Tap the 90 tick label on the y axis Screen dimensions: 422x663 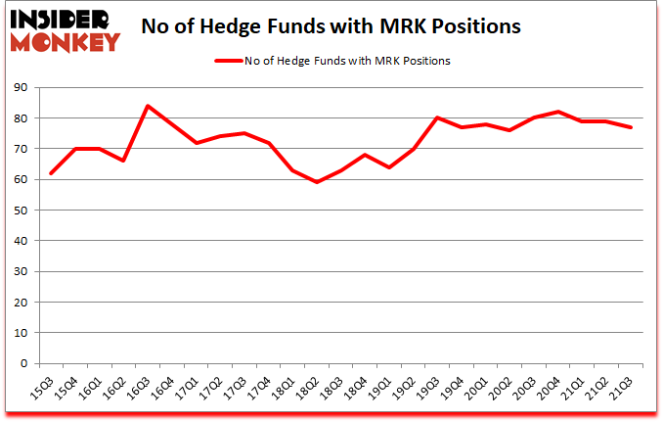coord(22,88)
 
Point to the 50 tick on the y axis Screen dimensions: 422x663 coord(22,211)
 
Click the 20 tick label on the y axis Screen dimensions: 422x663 coord(22,303)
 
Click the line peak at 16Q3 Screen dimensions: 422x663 coord(147,106)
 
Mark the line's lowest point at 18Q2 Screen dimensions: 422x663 coord(315,182)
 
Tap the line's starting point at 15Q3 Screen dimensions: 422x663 coord(51,173)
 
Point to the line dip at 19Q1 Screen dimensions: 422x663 coord(387,167)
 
